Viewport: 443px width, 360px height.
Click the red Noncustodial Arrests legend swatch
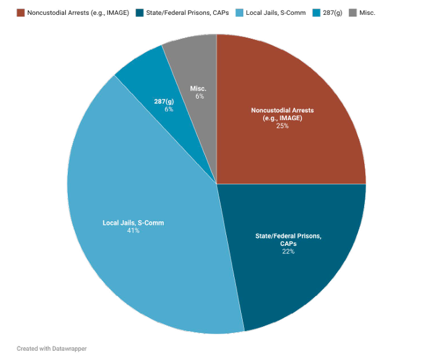[x=20, y=12]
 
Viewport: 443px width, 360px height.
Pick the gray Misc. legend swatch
[x=352, y=12]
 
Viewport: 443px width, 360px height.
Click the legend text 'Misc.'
[x=368, y=12]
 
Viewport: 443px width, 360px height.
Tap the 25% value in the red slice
[x=282, y=126]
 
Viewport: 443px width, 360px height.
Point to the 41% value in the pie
[x=133, y=231]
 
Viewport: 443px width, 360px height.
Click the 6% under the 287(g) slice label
[x=168, y=109]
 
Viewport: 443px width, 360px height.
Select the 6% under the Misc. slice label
[x=198, y=96]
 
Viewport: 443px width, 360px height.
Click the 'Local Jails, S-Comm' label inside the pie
[x=133, y=223]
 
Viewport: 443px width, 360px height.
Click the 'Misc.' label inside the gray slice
[x=198, y=89]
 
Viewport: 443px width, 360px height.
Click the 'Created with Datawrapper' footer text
[x=52, y=348]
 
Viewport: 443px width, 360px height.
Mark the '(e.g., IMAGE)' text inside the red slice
[x=282, y=118]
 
